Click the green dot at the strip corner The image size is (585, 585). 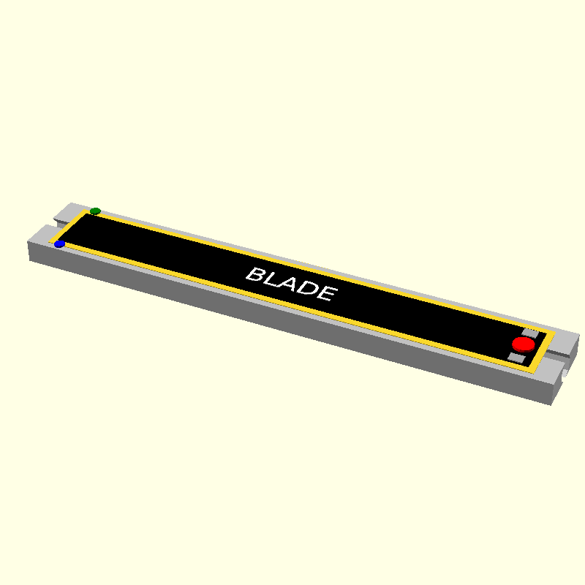pos(95,211)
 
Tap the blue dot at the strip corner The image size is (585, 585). pos(59,244)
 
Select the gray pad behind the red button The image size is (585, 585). pos(529,333)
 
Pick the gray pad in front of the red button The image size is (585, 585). pos(518,358)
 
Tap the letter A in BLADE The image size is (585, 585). pos(290,284)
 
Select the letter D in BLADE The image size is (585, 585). pos(308,289)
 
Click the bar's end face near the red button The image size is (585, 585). pos(557,388)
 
